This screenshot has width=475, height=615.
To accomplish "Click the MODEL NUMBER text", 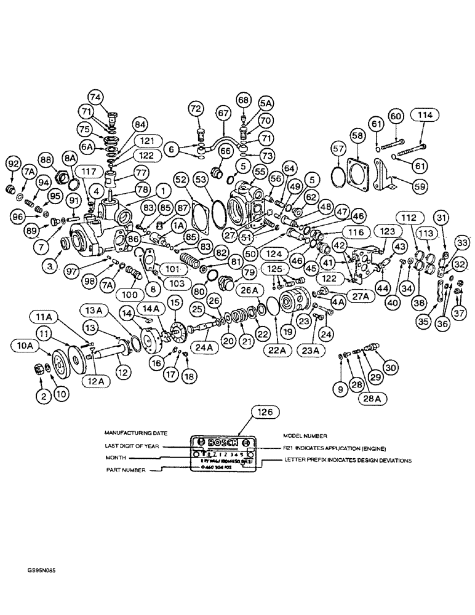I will coord(304,434).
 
